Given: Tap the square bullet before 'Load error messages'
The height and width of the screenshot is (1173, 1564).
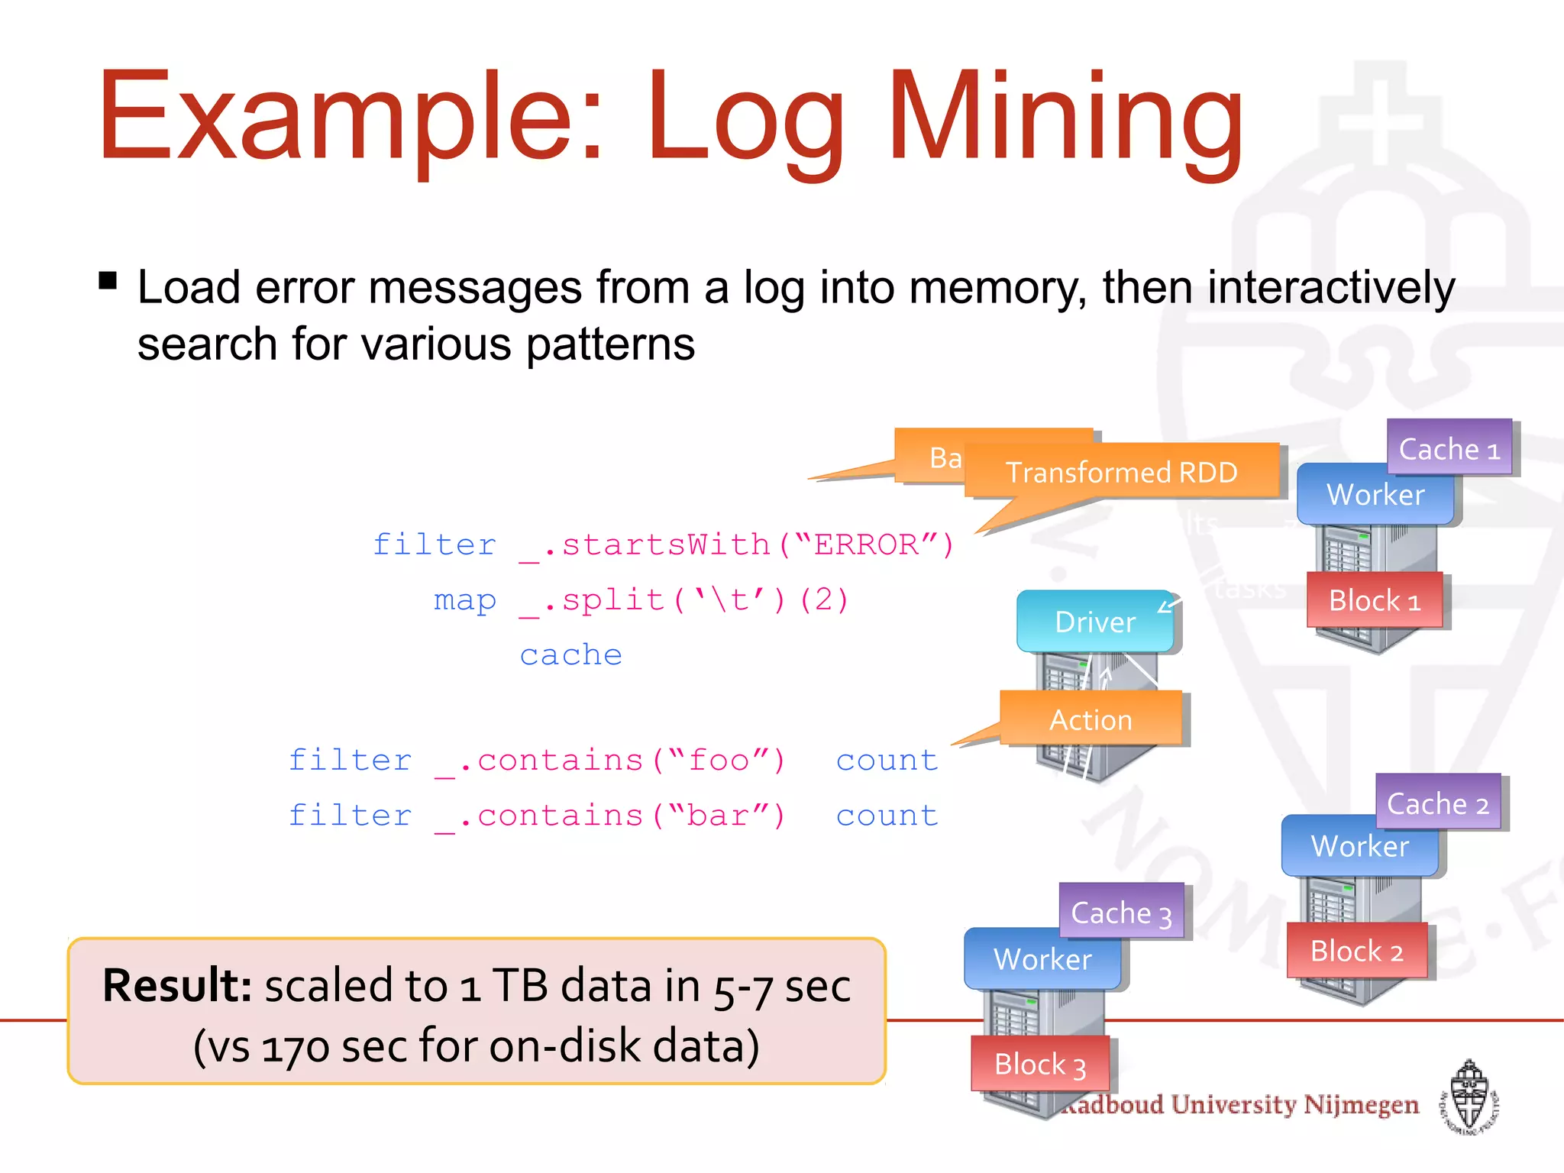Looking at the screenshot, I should pyautogui.click(x=108, y=281).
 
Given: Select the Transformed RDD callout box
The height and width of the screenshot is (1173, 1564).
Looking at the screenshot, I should pyautogui.click(x=1121, y=472).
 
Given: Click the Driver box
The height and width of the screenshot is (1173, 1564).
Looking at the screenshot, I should pyautogui.click(x=1094, y=622).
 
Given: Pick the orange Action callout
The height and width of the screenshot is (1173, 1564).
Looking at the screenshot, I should pyautogui.click(x=1091, y=719).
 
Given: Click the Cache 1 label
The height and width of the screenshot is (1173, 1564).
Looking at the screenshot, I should pyautogui.click(x=1449, y=448).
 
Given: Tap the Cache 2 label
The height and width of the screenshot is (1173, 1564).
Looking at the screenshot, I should pyautogui.click(x=1437, y=803).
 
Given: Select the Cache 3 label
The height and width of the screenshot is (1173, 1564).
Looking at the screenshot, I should pyautogui.click(x=1121, y=913).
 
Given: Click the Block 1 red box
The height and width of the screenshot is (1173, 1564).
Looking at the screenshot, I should pyautogui.click(x=1374, y=600).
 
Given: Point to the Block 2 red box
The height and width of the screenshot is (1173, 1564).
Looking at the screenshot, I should pyautogui.click(x=1356, y=951).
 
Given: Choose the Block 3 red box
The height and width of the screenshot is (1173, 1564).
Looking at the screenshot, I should pyautogui.click(x=1039, y=1064).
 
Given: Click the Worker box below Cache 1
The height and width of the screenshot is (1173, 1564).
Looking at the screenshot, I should pyautogui.click(x=1375, y=495).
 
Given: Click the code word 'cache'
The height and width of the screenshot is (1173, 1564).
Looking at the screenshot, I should pyautogui.click(x=570, y=655).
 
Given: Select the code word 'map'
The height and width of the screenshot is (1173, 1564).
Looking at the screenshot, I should pyautogui.click(x=464, y=600).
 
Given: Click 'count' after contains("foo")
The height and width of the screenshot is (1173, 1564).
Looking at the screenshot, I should pyautogui.click(x=887, y=761).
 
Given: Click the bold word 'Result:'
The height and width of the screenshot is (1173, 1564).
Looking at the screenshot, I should pyautogui.click(x=177, y=985).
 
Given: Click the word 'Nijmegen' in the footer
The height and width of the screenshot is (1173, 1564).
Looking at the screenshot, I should pyautogui.click(x=1361, y=1104).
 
